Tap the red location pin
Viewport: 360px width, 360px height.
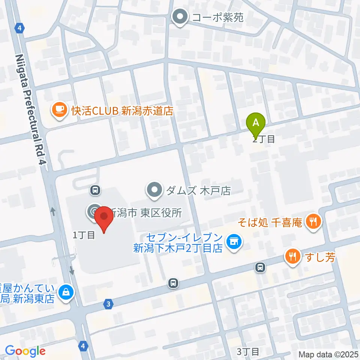(x=103, y=219)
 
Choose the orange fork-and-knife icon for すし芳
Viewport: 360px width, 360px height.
(x=291, y=257)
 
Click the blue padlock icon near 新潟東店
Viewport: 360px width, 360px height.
(x=66, y=291)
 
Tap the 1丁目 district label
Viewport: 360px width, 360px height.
(x=83, y=235)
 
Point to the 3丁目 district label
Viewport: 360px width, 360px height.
(x=248, y=351)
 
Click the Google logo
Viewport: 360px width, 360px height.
(x=25, y=351)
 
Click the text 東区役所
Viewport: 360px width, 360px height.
(x=161, y=213)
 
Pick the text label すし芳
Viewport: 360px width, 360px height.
(x=319, y=258)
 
